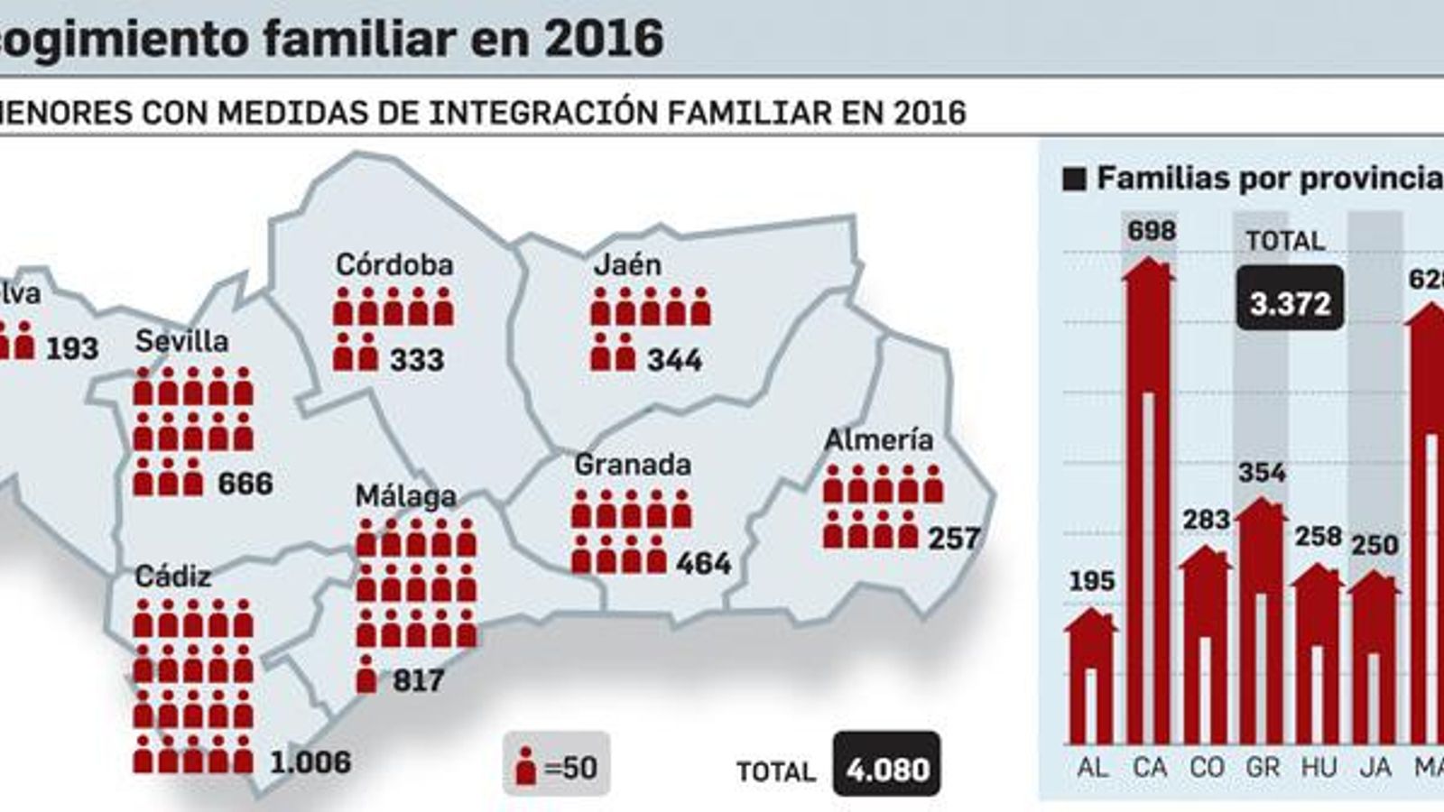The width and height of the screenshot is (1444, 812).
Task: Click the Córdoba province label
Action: pos(394,264)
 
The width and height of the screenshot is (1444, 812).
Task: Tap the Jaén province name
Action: pos(627,264)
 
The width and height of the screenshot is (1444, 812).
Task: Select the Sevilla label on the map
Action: pos(181,341)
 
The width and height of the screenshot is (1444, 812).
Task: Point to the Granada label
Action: pos(633,465)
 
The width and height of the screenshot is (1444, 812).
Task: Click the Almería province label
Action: pos(878,439)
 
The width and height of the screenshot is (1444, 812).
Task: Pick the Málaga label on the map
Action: pos(405,496)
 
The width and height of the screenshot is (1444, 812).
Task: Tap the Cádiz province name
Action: pos(173,576)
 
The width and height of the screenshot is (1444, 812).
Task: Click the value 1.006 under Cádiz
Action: pos(311,762)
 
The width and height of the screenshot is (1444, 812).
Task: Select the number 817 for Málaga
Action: pos(418,679)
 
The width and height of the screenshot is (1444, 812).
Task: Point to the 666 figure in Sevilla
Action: pos(245,484)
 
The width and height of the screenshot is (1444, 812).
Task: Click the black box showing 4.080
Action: pos(887,769)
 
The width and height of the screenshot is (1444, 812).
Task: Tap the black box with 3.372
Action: pos(1290,303)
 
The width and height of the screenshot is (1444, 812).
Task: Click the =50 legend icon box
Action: pos(557,766)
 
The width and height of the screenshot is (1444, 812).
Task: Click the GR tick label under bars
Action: pos(1262,768)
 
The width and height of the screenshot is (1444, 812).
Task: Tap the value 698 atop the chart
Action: pos(1152,231)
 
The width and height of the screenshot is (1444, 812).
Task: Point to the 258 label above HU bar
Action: pos(1319,537)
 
